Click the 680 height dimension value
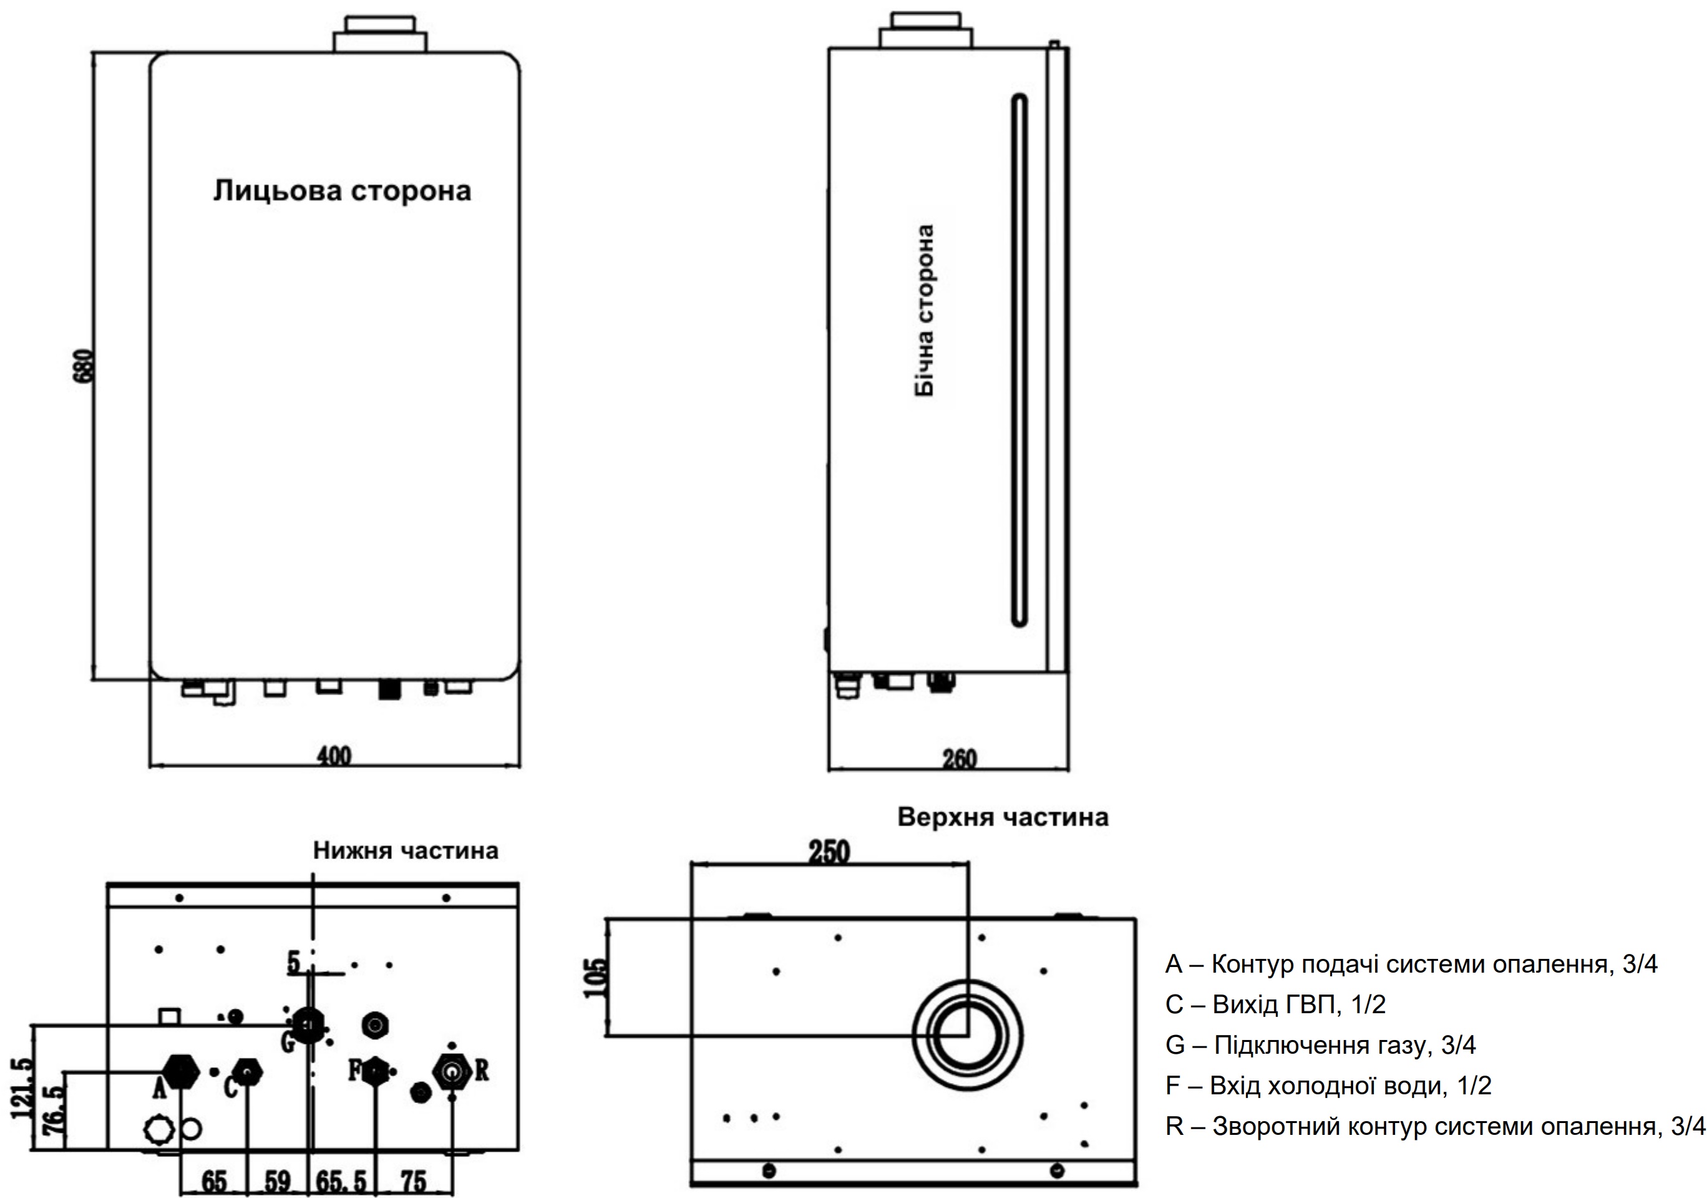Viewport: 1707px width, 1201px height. pyautogui.click(x=86, y=365)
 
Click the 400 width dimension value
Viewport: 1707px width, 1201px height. pyautogui.click(x=334, y=756)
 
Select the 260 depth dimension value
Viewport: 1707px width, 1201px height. pyautogui.click(x=960, y=759)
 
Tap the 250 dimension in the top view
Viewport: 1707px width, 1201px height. pyautogui.click(x=829, y=852)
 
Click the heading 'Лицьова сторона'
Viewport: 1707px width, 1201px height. pyautogui.click(x=342, y=191)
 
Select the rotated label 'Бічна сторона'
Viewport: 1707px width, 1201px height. pyautogui.click(x=924, y=310)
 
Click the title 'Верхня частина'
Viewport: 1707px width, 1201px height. pyautogui.click(x=1003, y=817)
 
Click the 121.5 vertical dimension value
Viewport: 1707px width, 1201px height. pyautogui.click(x=22, y=1087)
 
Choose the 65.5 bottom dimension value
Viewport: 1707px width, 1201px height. pyautogui.click(x=341, y=1181)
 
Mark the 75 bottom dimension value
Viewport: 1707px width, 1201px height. pyautogui.click(x=414, y=1181)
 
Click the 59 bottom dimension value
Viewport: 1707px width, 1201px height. pyautogui.click(x=277, y=1181)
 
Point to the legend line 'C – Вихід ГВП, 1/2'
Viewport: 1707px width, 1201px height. pyautogui.click(x=1276, y=1004)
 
